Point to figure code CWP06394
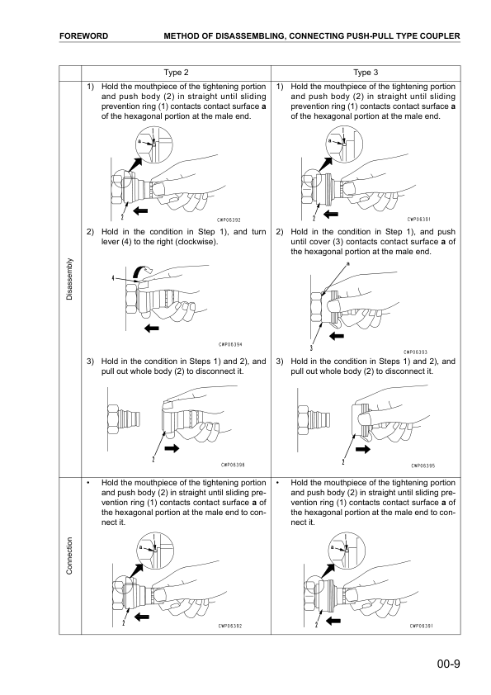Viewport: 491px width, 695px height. click(x=230, y=345)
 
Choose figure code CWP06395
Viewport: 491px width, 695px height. click(x=423, y=465)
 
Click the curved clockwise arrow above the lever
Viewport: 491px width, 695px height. click(x=144, y=267)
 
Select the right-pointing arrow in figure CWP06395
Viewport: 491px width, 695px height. click(x=362, y=451)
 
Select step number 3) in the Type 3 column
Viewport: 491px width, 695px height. click(x=281, y=361)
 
